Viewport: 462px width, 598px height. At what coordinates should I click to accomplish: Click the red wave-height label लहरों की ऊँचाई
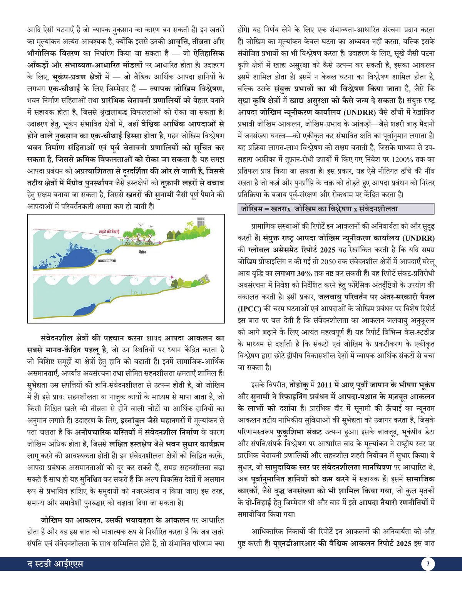109,232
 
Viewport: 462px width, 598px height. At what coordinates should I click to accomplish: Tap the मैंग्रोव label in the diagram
142,252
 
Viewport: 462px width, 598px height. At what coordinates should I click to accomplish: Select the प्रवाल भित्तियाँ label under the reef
107,261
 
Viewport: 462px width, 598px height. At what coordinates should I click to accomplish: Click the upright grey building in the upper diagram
201,221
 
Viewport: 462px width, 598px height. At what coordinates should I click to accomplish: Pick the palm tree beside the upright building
189,225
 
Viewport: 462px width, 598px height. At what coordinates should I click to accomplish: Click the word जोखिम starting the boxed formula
251,209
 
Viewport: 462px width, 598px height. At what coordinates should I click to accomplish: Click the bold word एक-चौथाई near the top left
64,89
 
